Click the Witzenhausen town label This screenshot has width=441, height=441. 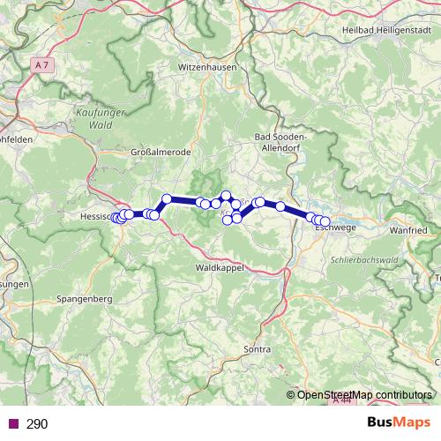(208, 67)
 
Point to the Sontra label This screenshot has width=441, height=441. (256, 350)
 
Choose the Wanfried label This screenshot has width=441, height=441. (406, 229)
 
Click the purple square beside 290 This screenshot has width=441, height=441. (12, 424)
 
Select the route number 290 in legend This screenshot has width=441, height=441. (37, 424)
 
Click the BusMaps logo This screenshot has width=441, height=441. (398, 423)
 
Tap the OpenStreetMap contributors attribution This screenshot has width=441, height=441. (365, 394)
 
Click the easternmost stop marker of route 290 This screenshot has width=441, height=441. (325, 221)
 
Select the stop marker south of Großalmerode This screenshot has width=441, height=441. (166, 198)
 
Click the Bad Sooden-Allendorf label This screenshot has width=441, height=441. (280, 143)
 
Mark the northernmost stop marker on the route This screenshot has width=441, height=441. (226, 195)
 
